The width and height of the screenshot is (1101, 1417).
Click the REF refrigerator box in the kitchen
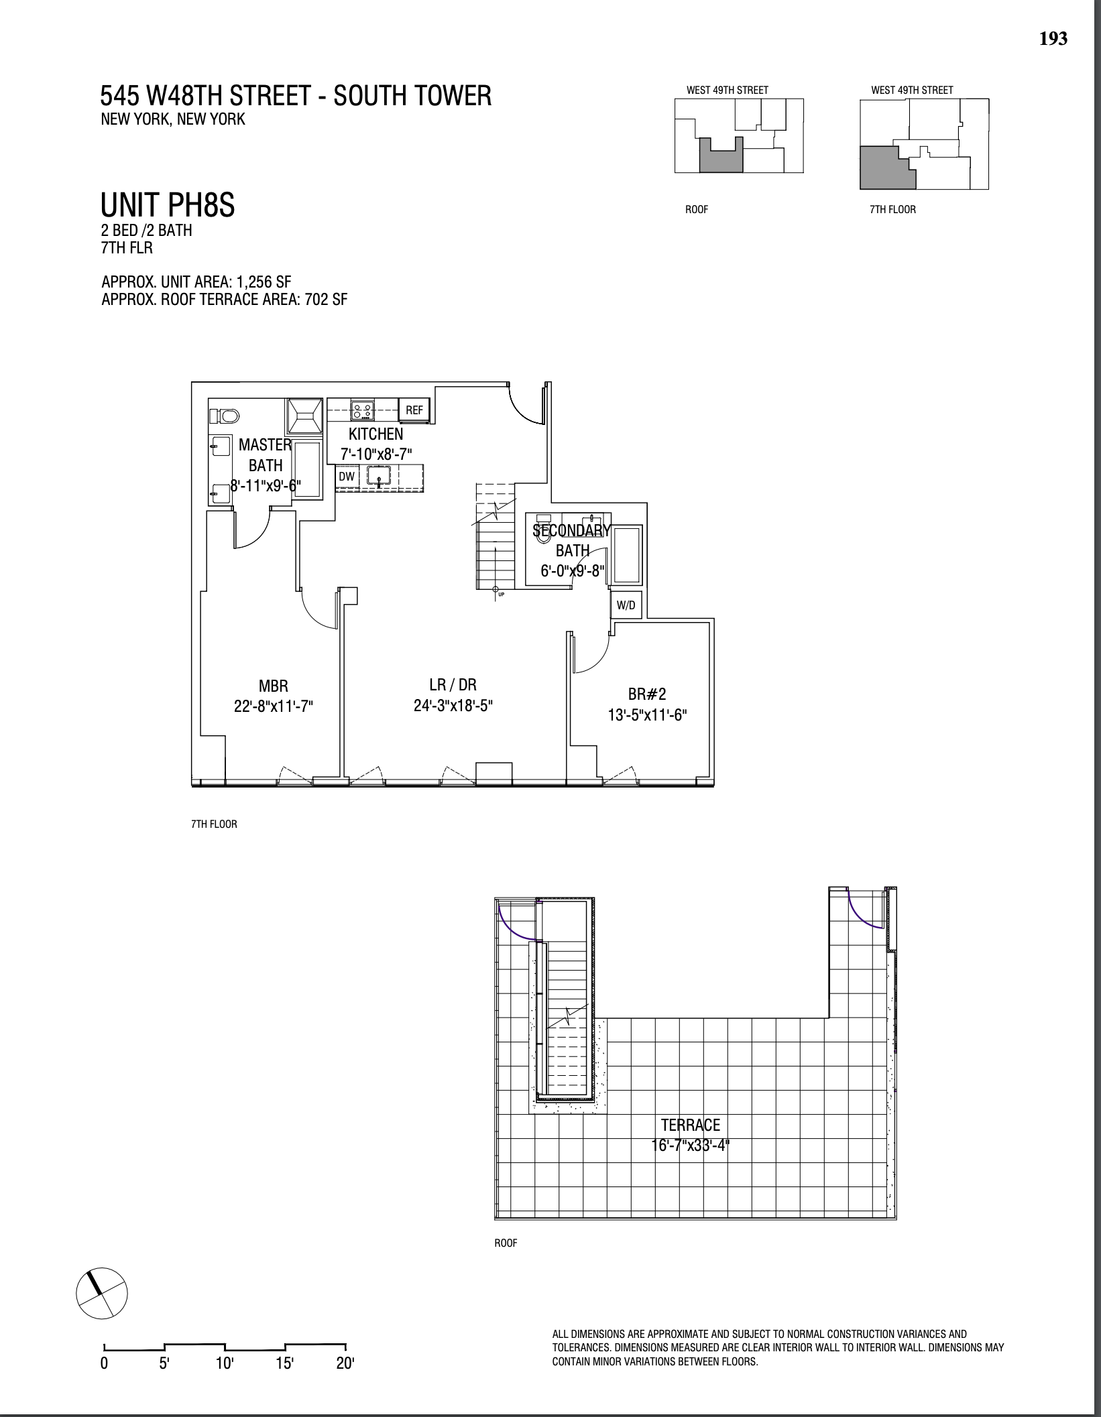[414, 410]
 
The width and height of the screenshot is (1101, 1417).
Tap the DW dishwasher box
[347, 477]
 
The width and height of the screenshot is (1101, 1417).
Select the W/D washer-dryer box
[626, 605]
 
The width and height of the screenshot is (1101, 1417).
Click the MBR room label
[273, 686]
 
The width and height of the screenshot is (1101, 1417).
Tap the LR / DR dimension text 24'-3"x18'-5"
[453, 705]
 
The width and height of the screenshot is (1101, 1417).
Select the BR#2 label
[647, 694]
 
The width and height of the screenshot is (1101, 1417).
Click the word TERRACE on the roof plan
[690, 1125]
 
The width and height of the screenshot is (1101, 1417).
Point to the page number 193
[1053, 39]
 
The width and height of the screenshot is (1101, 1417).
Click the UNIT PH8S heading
[168, 205]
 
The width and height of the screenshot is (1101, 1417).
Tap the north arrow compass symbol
[101, 1292]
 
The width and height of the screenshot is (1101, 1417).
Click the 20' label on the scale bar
[345, 1363]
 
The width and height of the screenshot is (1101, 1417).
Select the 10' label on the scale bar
[224, 1363]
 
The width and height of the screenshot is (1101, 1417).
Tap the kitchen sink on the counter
[380, 477]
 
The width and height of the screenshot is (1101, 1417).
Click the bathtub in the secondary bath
[628, 554]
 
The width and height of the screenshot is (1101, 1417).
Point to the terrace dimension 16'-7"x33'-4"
[690, 1145]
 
